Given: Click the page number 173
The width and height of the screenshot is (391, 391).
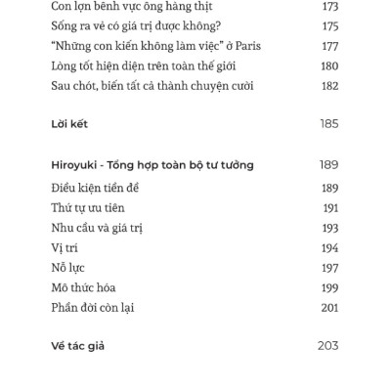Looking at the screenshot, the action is point(329,7).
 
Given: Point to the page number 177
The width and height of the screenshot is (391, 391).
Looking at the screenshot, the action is point(329,46).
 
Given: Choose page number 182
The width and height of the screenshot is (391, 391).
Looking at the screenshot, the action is point(329,85).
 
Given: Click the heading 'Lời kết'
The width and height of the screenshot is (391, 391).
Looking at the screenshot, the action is point(70,125).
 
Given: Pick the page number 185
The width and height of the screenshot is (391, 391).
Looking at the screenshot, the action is point(328,125).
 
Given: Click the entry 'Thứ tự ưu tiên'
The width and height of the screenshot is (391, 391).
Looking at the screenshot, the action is point(87,208).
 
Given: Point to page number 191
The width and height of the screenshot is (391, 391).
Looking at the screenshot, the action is point(330,208).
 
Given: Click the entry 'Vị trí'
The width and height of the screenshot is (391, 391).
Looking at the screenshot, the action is point(65,248).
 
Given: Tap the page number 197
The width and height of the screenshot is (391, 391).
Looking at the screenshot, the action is point(329,268).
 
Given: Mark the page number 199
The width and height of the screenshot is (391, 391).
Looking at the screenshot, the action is point(329,287).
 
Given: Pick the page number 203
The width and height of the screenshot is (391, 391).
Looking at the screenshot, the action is point(328,346).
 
